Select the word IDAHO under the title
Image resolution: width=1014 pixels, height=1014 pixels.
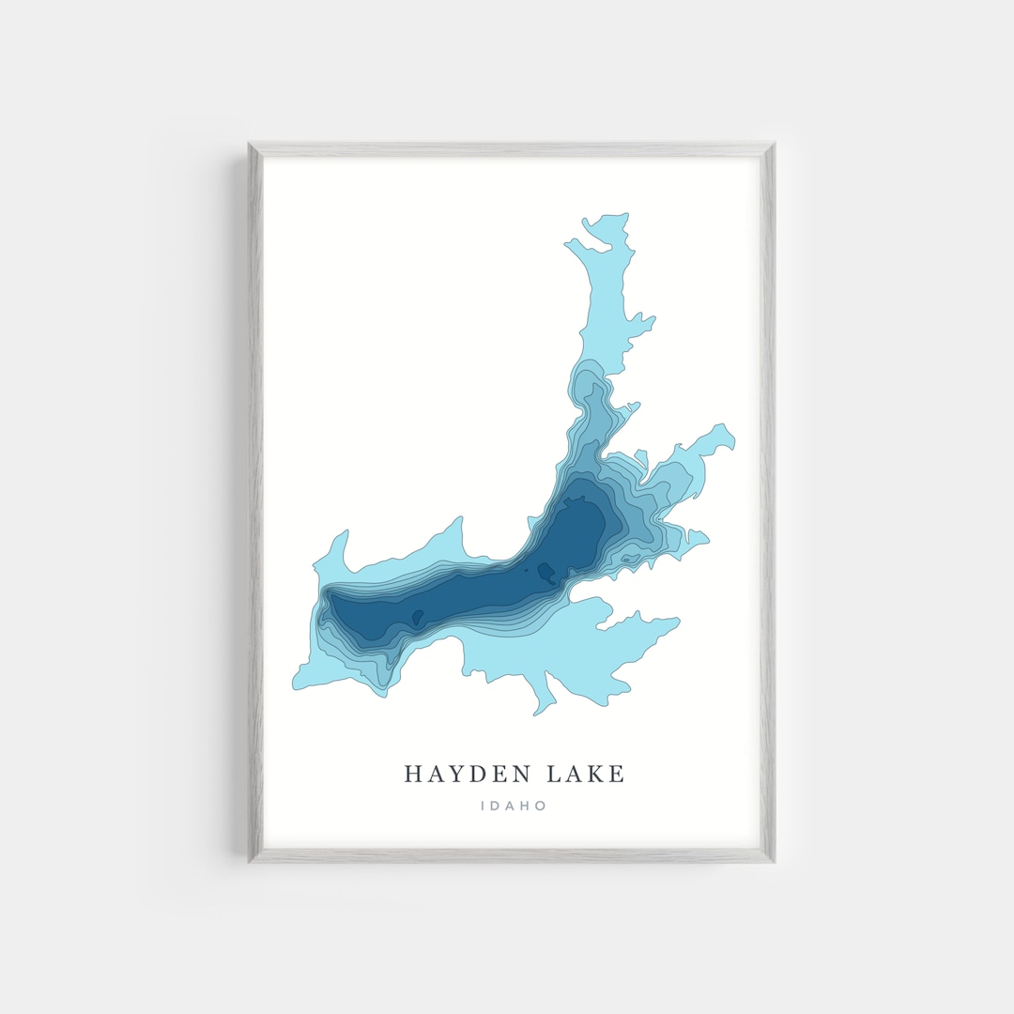(x=513, y=806)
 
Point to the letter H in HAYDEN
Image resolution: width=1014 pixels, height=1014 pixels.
(x=412, y=775)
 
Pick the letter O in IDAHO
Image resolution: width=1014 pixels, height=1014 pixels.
(x=541, y=806)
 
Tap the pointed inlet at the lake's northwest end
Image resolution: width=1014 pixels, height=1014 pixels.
(x=346, y=532)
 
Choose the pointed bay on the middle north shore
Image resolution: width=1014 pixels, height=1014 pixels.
(x=461, y=518)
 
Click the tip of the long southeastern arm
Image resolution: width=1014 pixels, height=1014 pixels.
(x=678, y=621)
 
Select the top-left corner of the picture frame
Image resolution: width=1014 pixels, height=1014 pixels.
(x=250, y=145)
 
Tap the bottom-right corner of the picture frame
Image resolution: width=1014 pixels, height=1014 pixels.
(x=773, y=861)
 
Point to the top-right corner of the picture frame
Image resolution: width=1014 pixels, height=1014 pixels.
(x=773, y=145)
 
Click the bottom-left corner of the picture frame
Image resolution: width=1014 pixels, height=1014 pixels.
(x=250, y=861)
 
